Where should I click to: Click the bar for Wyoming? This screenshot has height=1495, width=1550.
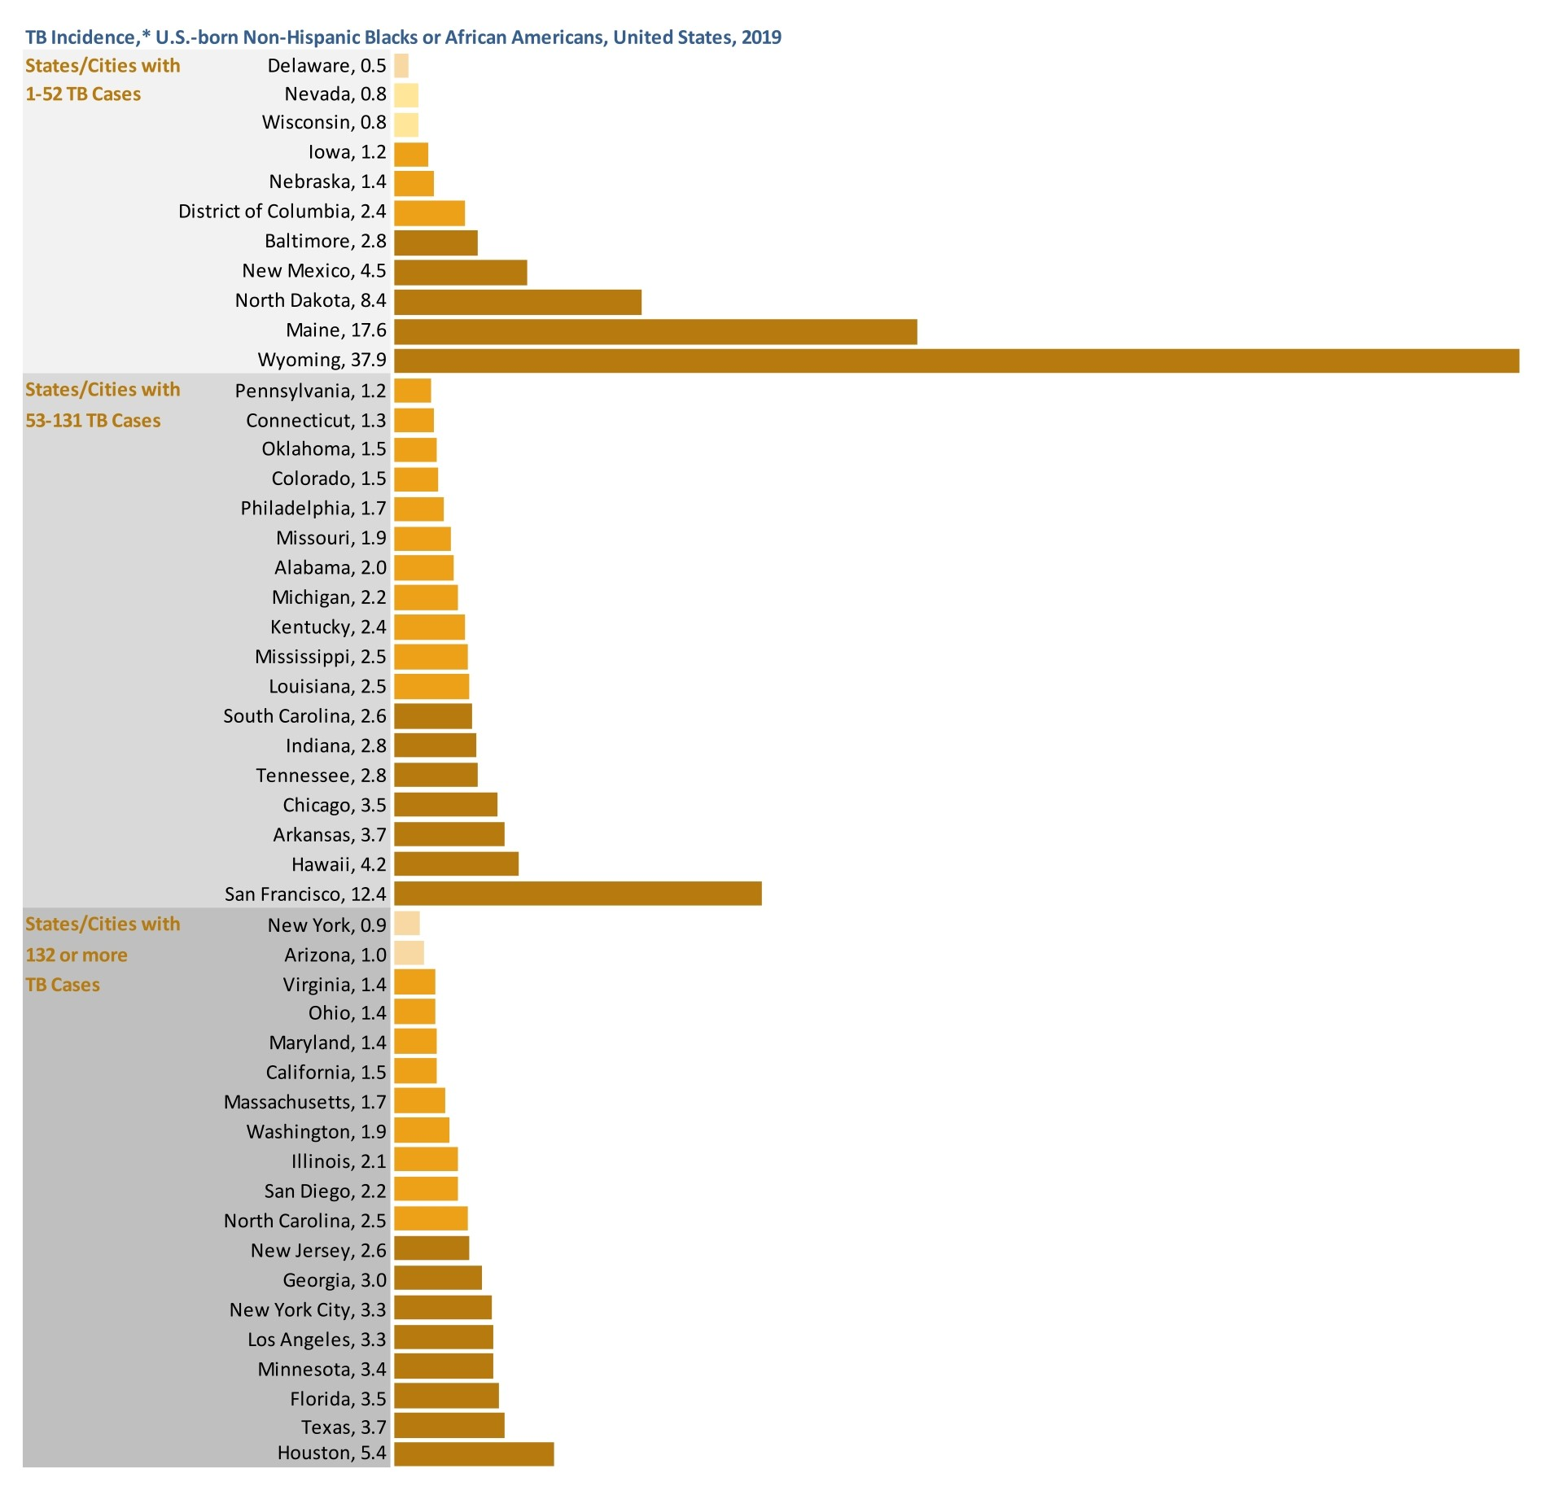click(x=956, y=361)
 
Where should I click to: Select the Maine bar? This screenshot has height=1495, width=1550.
click(x=655, y=331)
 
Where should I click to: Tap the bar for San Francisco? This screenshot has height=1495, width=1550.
click(x=577, y=893)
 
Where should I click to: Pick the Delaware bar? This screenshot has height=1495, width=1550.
click(x=401, y=66)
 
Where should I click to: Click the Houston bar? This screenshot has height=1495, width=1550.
click(x=474, y=1453)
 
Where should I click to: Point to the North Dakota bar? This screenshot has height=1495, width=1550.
click(x=517, y=302)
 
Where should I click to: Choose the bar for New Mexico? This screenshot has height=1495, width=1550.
click(x=460, y=272)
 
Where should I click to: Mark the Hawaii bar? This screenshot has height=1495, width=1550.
click(x=456, y=863)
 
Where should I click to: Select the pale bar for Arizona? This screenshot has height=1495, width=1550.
click(x=409, y=953)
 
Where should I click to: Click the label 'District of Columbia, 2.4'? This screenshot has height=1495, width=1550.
click(x=282, y=212)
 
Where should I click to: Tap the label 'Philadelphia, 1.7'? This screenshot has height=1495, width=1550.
click(x=313, y=509)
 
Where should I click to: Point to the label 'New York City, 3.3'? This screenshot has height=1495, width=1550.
click(x=308, y=1309)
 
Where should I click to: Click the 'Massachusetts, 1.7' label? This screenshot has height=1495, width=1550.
click(x=304, y=1102)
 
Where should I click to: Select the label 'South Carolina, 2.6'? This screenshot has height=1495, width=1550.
click(x=304, y=716)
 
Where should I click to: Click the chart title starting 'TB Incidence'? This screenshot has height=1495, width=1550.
click(x=403, y=37)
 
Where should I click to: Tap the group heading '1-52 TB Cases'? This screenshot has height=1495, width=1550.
click(x=83, y=94)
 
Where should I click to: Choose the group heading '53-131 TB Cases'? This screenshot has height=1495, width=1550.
click(x=93, y=421)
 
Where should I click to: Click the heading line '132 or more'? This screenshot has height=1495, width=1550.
click(x=77, y=955)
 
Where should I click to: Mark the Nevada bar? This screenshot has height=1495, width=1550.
click(x=405, y=95)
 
